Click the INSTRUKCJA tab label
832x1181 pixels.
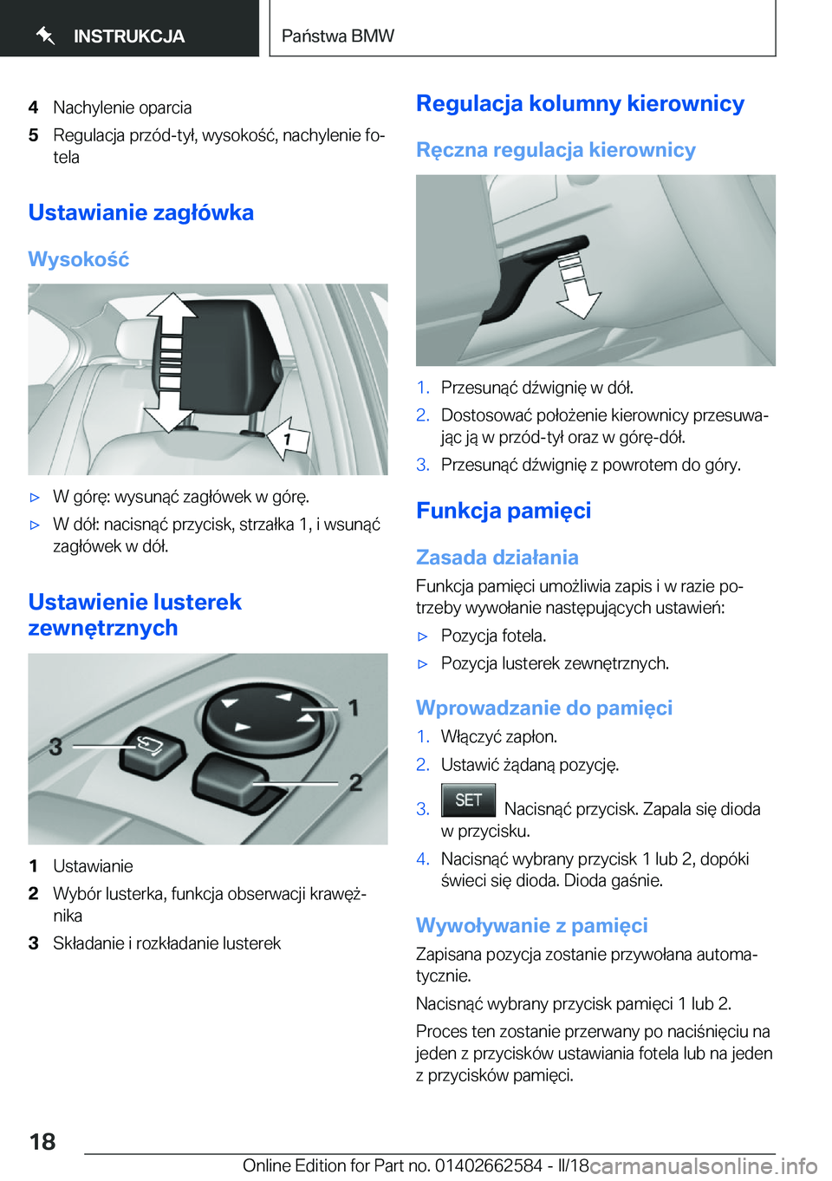(x=129, y=36)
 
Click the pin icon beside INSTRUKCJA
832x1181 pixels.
(x=46, y=36)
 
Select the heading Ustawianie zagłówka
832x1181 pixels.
(x=141, y=212)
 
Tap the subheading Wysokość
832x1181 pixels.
(x=79, y=259)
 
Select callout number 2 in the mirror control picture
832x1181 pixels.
(x=355, y=783)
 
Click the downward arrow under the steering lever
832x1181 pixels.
(x=575, y=289)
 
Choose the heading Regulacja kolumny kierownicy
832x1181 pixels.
(x=580, y=104)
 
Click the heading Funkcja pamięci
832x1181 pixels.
(x=504, y=511)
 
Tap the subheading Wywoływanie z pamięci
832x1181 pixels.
(x=531, y=925)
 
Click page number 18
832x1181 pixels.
(x=42, y=1142)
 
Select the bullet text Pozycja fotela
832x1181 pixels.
(x=493, y=636)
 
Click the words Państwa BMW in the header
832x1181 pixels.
(x=338, y=36)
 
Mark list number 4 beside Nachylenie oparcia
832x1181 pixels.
(x=34, y=108)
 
